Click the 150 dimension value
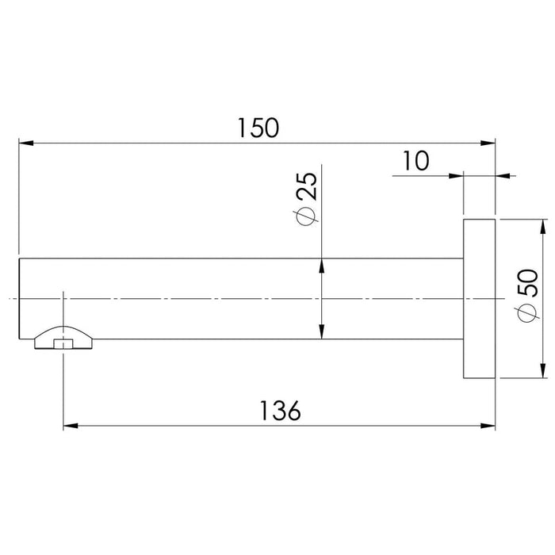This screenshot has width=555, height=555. pyautogui.click(x=258, y=128)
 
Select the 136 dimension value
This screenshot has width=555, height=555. pyautogui.click(x=281, y=411)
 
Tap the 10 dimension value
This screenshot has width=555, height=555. pyautogui.click(x=416, y=160)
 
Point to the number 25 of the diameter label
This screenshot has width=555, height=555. pyautogui.click(x=307, y=186)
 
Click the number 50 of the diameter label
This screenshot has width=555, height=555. pyautogui.click(x=528, y=282)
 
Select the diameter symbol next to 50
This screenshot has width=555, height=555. pyautogui.click(x=527, y=313)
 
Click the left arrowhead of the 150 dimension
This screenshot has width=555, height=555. pyautogui.click(x=26, y=143)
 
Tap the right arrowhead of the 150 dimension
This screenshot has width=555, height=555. pyautogui.click(x=488, y=143)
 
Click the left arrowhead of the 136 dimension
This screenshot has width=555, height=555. pyautogui.click(x=71, y=426)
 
